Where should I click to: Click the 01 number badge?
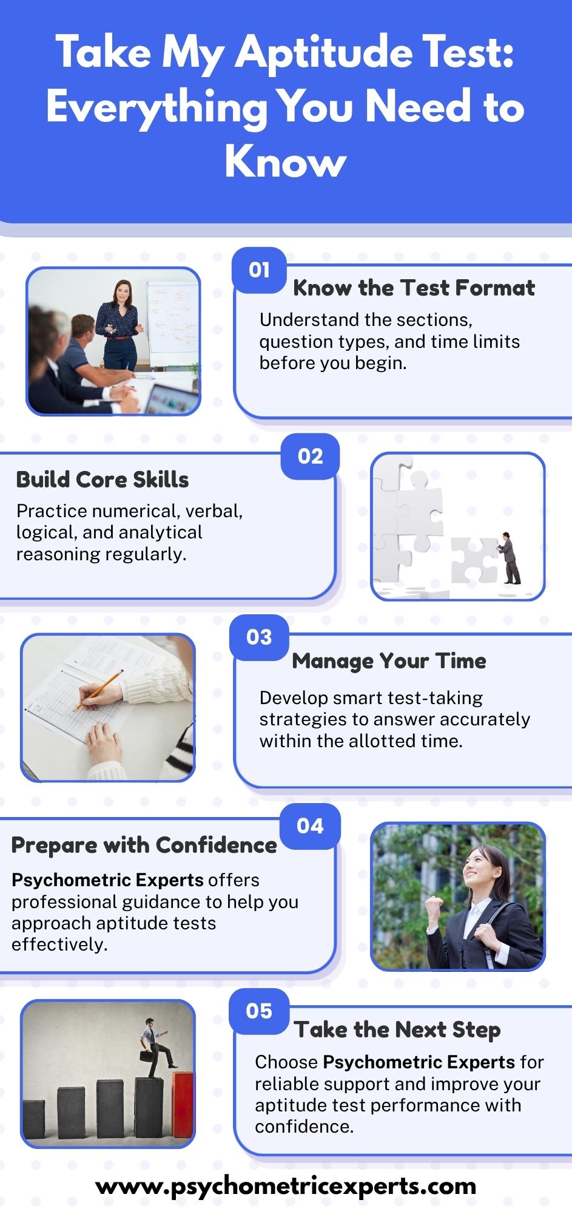[259, 270]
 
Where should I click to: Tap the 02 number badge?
[310, 456]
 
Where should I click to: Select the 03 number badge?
[259, 637]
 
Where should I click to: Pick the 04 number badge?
[310, 826]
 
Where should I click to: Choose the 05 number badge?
[259, 1011]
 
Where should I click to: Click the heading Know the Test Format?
[414, 288]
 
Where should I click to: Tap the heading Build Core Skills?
[103, 480]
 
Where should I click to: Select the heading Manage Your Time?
[389, 660]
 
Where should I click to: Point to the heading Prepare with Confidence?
[144, 845]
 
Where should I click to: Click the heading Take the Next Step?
[397, 1029]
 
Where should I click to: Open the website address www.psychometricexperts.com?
[286, 1185]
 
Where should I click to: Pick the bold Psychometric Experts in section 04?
[107, 880]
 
